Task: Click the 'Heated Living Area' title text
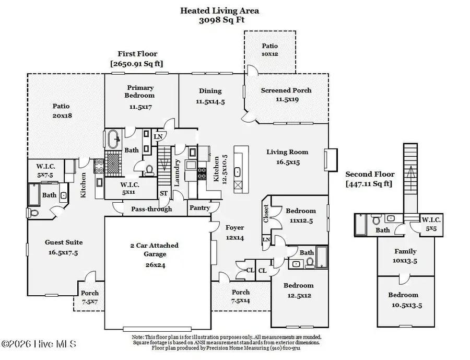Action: point(219,10)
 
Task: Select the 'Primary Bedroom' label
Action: point(139,91)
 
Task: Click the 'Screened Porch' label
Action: point(286,90)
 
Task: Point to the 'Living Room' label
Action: point(287,152)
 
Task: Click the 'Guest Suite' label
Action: point(63,242)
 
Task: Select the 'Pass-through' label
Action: point(151,209)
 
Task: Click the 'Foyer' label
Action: point(234,227)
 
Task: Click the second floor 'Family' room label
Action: point(405,251)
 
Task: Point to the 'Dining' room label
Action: point(210,91)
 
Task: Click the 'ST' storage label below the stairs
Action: point(164,193)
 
